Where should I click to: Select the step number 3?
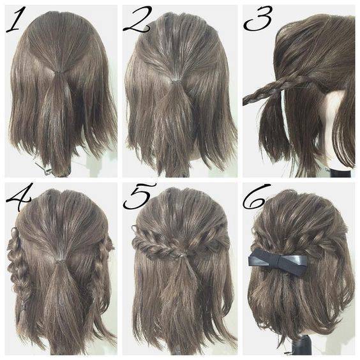258,19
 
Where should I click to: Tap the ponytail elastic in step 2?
177,80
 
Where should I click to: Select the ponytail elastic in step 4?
61,262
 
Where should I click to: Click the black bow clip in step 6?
278,262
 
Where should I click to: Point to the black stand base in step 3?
340,172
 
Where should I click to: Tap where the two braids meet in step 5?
181,255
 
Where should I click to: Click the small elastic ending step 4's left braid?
22,307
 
